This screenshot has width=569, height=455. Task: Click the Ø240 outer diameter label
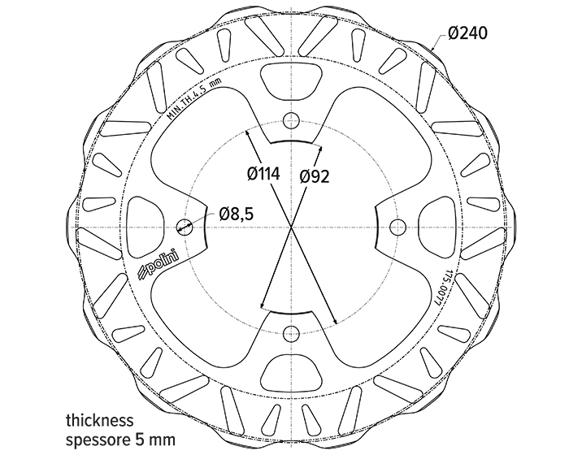click(x=467, y=33)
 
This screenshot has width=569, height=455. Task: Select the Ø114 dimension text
click(x=263, y=174)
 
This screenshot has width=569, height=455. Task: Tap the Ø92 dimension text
click(x=315, y=176)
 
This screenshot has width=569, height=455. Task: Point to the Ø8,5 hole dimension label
click(x=236, y=214)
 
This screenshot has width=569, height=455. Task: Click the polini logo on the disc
click(x=159, y=264)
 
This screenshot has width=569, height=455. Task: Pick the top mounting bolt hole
click(x=291, y=121)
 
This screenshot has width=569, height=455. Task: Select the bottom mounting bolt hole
click(x=291, y=334)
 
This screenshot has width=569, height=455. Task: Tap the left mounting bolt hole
click(x=185, y=227)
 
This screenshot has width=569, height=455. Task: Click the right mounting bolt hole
click(x=397, y=227)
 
